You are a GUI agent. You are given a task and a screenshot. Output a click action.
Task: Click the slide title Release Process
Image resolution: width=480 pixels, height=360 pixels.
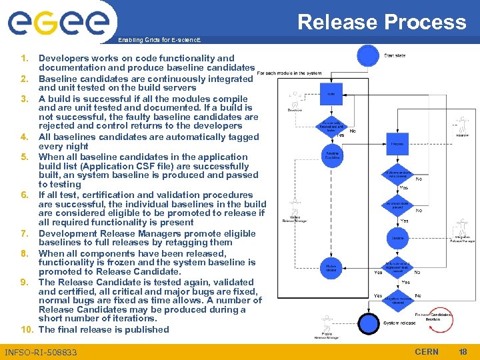tap(381, 22)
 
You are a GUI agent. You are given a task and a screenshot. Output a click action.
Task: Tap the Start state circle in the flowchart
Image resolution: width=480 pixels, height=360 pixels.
tap(367, 55)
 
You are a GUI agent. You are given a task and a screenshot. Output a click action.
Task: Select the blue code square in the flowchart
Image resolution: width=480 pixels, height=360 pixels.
tap(331, 94)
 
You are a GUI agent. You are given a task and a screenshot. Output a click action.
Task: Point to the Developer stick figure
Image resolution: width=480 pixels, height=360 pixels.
tap(292, 100)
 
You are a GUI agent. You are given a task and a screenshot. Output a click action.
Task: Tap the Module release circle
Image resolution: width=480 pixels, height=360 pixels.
tap(331, 267)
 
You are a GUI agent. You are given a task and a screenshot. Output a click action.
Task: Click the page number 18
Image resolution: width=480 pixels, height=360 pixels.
tap(463, 351)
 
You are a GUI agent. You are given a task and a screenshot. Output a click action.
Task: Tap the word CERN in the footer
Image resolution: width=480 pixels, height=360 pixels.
tap(427, 351)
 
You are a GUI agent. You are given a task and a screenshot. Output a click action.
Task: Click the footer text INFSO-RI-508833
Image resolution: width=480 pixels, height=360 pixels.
tap(41, 352)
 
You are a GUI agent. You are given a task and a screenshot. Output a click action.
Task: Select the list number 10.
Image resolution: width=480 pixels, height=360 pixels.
tap(27, 329)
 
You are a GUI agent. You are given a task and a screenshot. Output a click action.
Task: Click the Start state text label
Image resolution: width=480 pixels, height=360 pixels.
tap(395, 55)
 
